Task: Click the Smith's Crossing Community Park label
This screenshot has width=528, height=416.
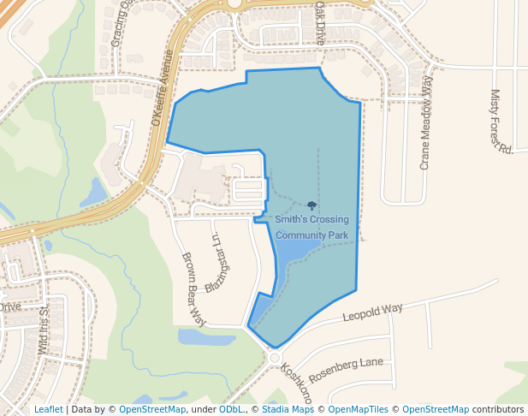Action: (x=311, y=227)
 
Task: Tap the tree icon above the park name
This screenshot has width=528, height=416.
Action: (x=311, y=205)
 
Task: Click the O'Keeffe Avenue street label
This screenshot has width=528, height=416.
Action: (x=162, y=88)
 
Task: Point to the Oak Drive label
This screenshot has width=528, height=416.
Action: (x=320, y=22)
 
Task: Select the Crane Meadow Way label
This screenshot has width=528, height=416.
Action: (x=425, y=122)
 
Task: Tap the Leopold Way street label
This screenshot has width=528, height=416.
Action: (x=372, y=312)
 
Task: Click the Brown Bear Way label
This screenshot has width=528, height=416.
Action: (x=194, y=288)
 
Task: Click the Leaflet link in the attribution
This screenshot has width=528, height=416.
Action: (x=48, y=409)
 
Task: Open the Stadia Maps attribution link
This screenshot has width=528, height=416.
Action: (x=288, y=409)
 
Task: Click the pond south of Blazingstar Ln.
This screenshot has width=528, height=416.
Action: (x=206, y=337)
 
